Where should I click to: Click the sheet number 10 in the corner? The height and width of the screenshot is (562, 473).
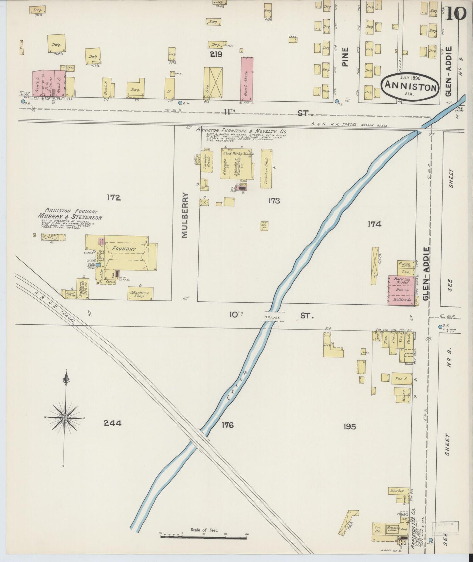pos(455,13)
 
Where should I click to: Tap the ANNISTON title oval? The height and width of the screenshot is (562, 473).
pos(410,86)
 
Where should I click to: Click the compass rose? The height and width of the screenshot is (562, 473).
pos(65,418)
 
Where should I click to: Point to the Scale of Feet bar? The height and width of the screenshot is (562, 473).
pos(203,537)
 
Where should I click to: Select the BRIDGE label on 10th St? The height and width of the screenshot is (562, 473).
pos(272,318)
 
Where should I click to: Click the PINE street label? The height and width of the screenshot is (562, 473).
pos(345,57)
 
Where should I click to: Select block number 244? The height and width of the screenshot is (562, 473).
pos(113,423)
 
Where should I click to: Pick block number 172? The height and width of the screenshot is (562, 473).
pos(113,197)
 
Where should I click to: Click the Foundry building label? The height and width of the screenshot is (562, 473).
pos(124,249)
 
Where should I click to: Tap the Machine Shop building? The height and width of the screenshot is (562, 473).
pos(140,293)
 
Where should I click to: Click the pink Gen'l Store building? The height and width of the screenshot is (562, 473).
pos(247,79)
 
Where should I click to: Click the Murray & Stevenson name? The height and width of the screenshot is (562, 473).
pos(70,217)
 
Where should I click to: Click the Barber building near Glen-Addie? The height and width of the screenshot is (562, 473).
pos(397,491)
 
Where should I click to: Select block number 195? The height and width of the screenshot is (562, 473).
pos(350,426)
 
